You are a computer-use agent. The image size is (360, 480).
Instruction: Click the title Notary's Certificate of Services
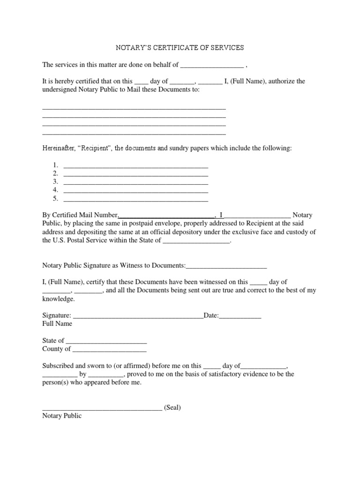180,48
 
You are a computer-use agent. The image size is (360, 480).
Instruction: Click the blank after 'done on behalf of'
212,65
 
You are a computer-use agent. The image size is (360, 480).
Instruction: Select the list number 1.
55,165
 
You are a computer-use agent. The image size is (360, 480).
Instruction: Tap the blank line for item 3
135,182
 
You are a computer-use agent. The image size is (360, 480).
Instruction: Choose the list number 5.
55,199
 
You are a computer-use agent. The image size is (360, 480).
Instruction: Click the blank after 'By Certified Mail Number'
167,215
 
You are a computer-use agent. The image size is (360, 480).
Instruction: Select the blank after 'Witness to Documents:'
226,266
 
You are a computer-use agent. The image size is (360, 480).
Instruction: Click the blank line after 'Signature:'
138,316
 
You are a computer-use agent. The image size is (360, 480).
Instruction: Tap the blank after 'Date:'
240,316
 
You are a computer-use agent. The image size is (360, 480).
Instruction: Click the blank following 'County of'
109,349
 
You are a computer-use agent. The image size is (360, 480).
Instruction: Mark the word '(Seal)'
172,408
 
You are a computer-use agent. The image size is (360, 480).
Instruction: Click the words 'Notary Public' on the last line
62,416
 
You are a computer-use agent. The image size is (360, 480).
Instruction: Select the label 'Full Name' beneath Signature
57,324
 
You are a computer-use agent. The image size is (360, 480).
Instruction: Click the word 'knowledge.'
59,299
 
